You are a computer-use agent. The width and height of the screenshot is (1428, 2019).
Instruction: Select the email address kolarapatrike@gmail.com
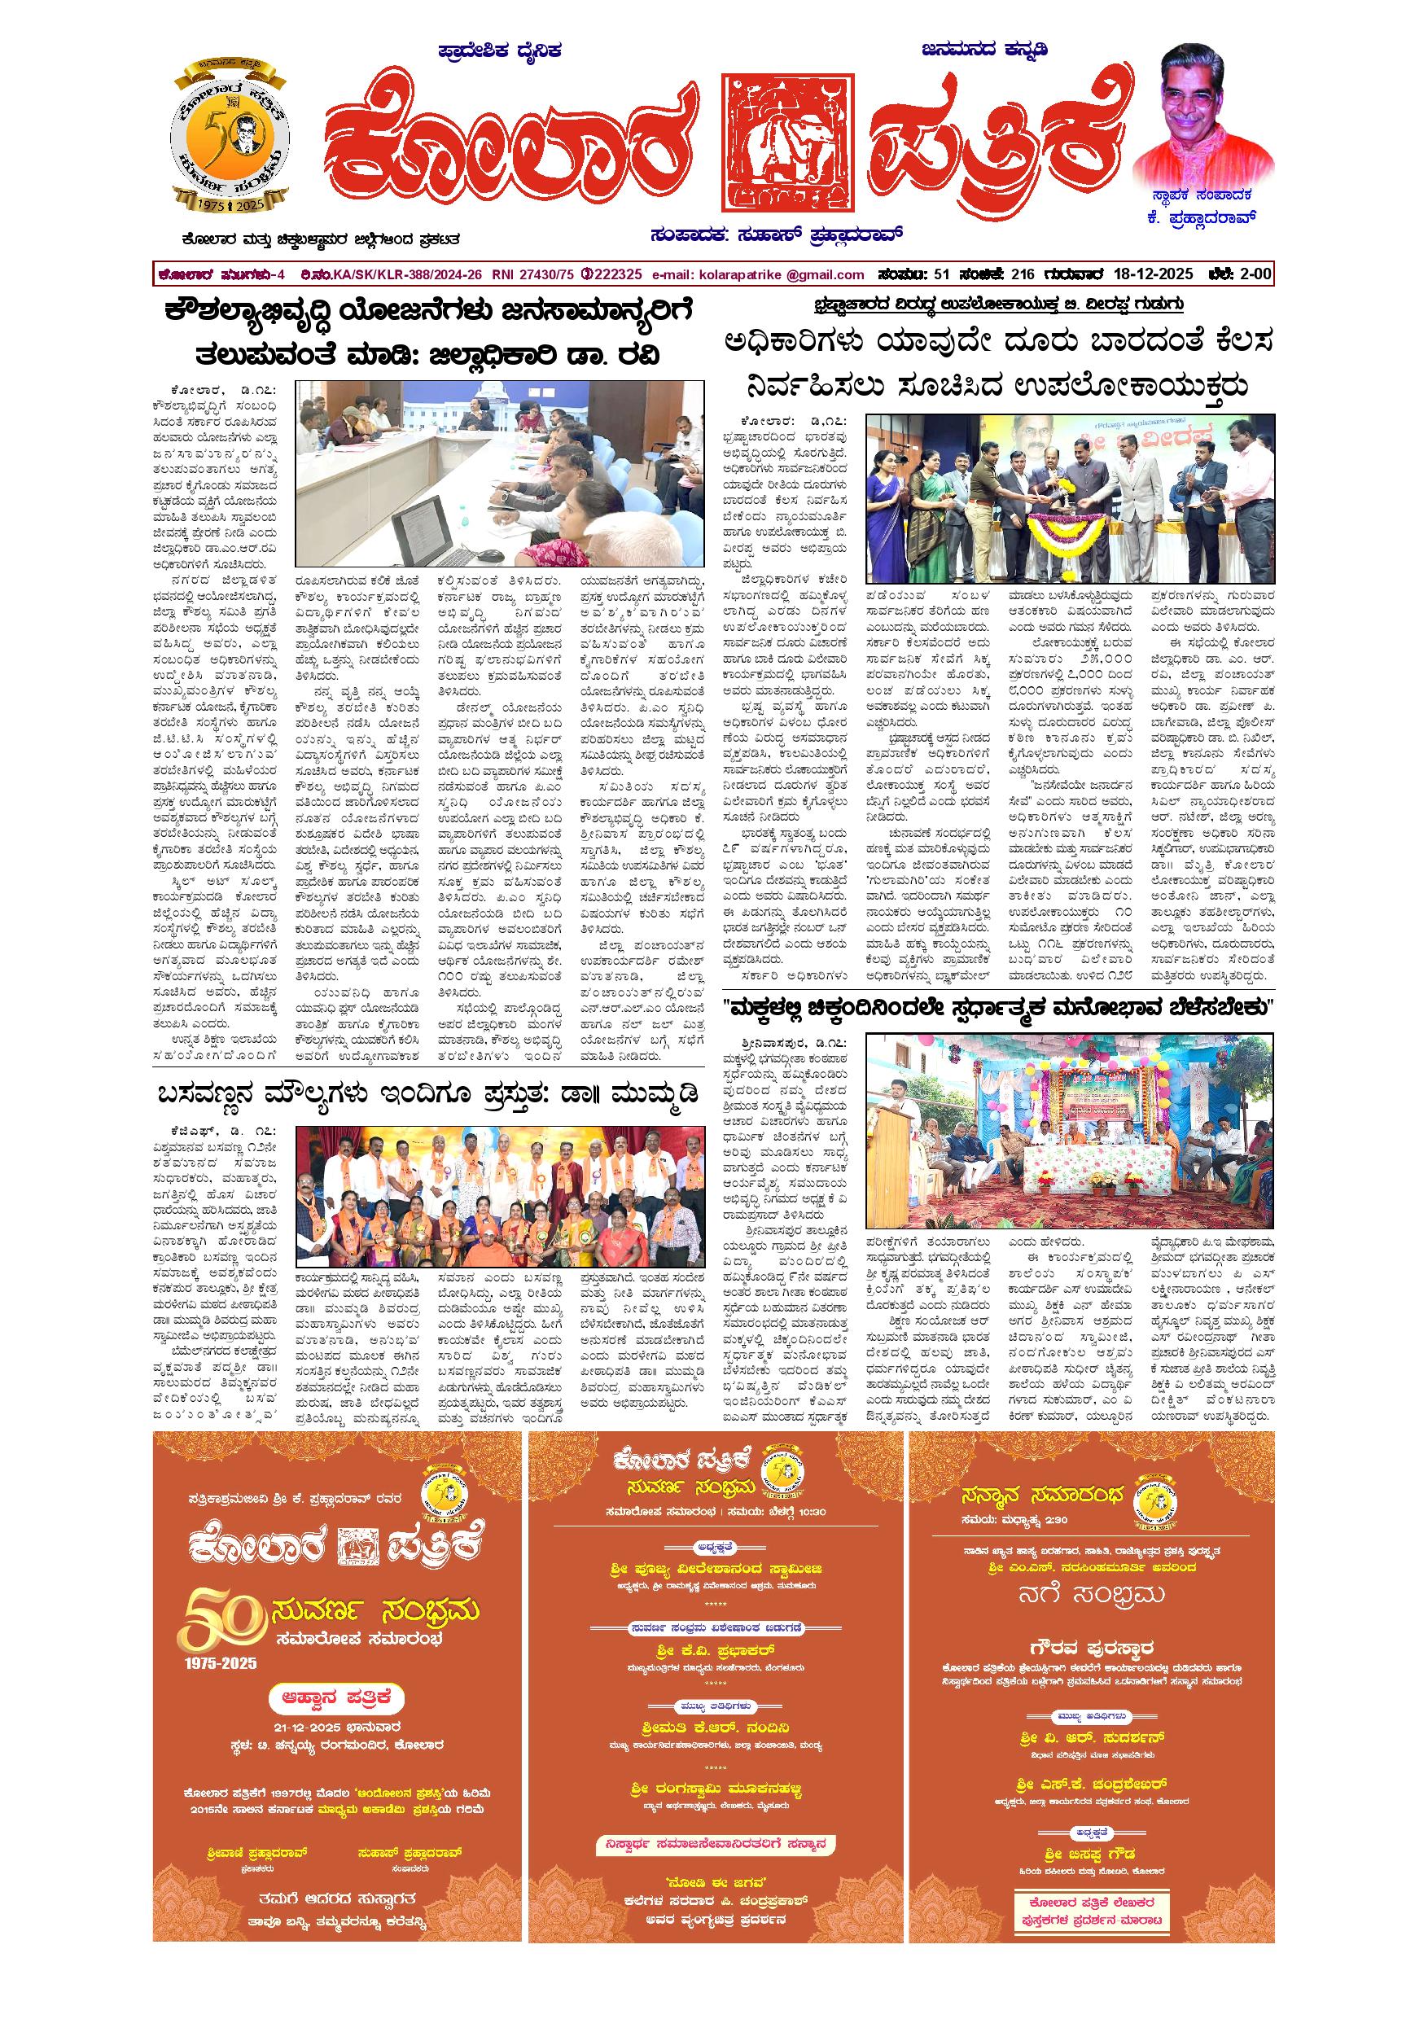pyautogui.click(x=758, y=274)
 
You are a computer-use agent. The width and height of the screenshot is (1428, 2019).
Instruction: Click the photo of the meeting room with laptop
pyautogui.click(x=499, y=475)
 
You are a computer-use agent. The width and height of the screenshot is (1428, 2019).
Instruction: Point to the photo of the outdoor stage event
pyautogui.click(x=1069, y=1130)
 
